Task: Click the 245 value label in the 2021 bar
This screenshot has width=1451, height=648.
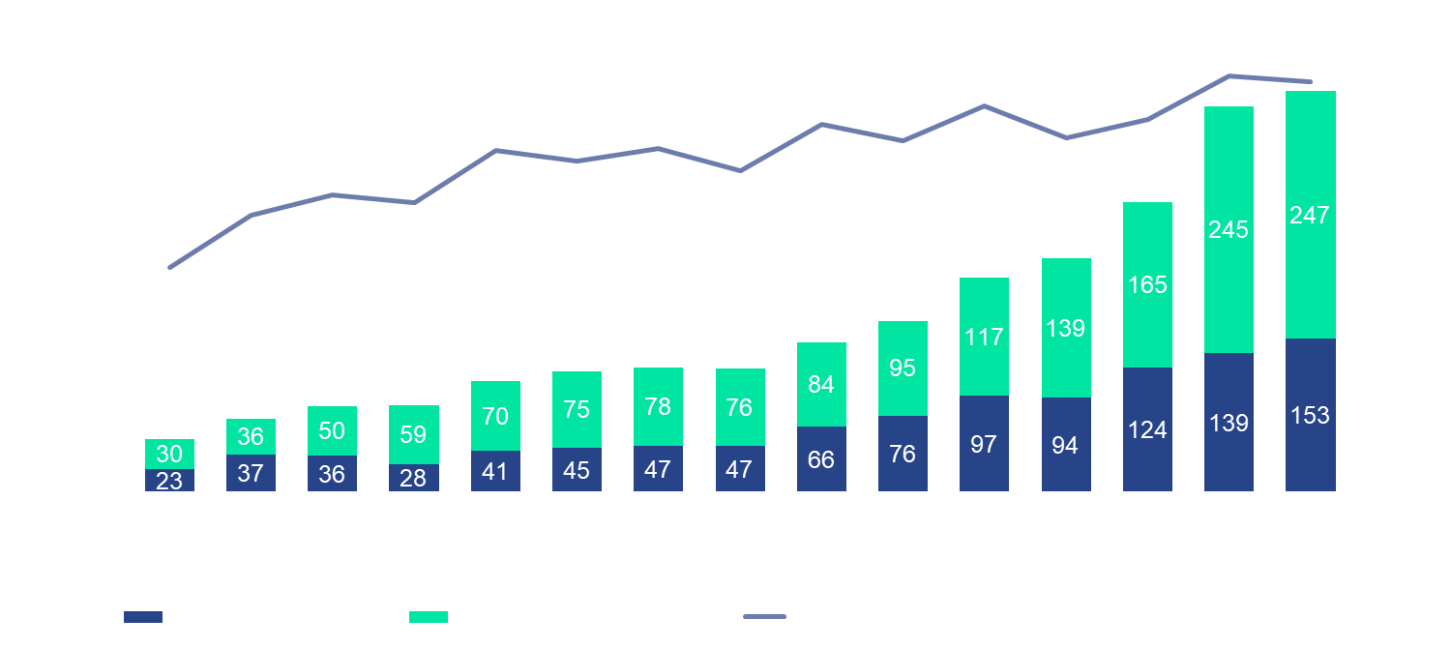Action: coord(1228,230)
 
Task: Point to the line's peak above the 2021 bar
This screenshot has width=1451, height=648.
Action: coord(1228,75)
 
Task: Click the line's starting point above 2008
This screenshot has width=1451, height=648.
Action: coord(168,267)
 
